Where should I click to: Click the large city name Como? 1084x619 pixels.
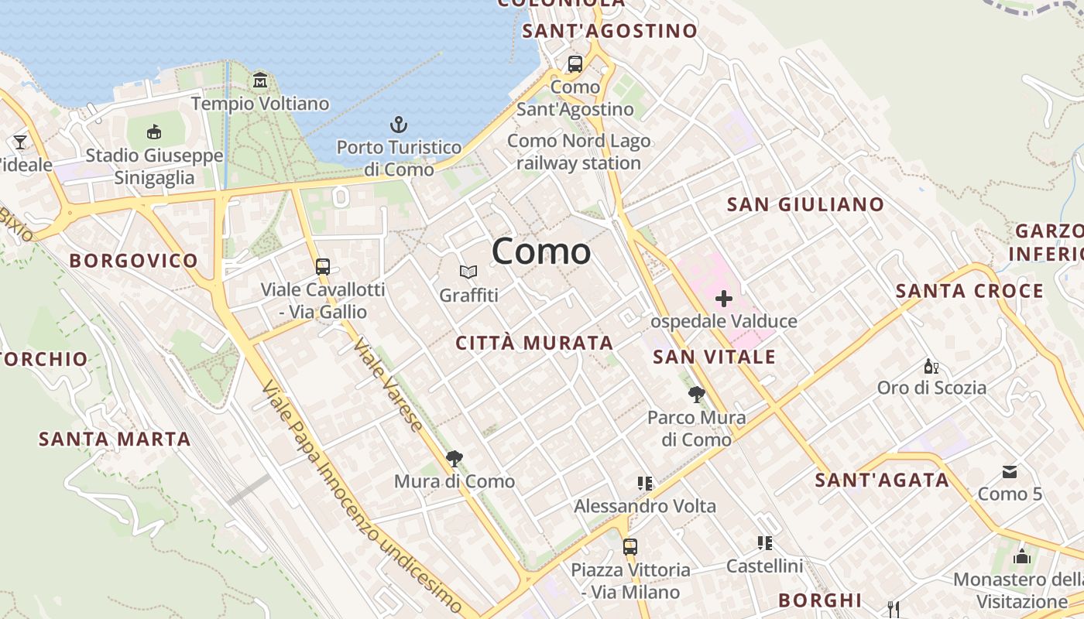coord(541,251)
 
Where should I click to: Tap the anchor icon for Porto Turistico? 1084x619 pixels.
coord(398,125)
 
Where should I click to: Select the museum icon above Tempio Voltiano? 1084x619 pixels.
coord(260,80)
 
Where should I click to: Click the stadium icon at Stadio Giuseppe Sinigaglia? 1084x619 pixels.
coord(154,132)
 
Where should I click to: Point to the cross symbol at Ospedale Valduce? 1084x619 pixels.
coord(724,299)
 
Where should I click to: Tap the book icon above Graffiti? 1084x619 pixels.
coord(468,272)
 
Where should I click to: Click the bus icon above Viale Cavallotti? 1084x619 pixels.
coord(323,267)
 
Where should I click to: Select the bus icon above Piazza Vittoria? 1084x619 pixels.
coord(630,547)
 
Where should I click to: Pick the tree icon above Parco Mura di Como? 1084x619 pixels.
coord(697,395)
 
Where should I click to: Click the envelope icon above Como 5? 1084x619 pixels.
coord(1010,471)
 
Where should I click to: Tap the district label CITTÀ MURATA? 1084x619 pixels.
coord(534,343)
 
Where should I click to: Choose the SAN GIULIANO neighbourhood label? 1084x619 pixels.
coord(805,205)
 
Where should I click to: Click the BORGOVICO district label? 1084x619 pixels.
coord(134,261)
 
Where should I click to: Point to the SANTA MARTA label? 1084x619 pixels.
coord(115,439)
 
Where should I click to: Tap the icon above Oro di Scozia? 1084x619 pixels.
coord(931,366)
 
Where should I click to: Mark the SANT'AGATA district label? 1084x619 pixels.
coord(882,480)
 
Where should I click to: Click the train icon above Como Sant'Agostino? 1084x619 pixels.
coord(575,64)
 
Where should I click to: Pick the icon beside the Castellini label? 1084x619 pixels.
coord(765,543)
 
